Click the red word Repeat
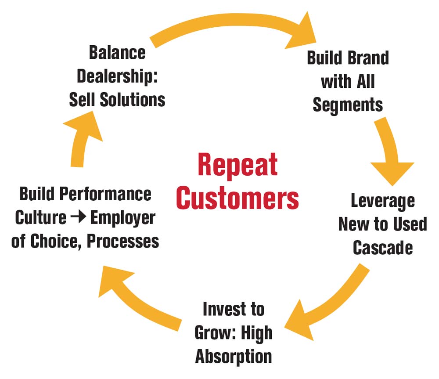237,165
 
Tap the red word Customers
237,198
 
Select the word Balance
117,53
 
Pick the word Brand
367,58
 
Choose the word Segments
348,105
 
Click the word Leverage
383,201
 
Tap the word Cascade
383,248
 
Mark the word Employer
122,217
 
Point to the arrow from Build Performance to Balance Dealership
82,138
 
